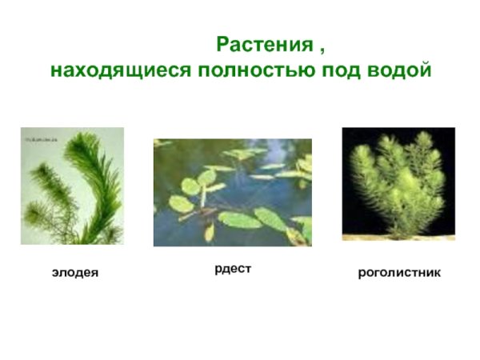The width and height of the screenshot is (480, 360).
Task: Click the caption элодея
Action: (x=75, y=274)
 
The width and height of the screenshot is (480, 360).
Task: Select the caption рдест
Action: (x=232, y=269)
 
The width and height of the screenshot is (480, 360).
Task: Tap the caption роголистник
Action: (x=399, y=274)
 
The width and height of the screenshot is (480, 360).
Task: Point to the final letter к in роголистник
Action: (x=437, y=274)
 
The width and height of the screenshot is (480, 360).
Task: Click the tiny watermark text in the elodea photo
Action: (x=40, y=136)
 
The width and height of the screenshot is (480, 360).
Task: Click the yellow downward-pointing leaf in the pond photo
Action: (x=209, y=231)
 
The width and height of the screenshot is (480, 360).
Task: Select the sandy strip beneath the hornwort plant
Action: (x=398, y=236)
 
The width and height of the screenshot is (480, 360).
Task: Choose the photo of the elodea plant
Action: (x=72, y=186)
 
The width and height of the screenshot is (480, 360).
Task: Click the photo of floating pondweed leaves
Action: (x=232, y=192)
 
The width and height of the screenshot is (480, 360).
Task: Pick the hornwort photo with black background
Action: (x=398, y=183)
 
